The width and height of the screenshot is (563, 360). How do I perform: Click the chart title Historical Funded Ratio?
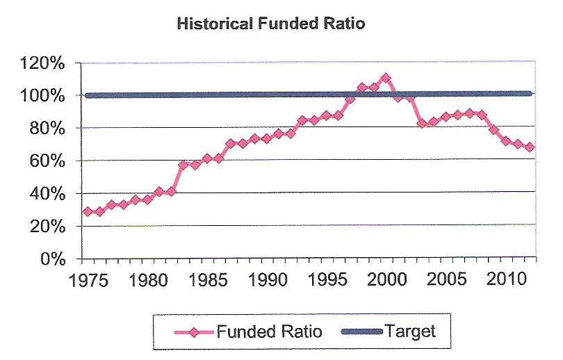click(271, 23)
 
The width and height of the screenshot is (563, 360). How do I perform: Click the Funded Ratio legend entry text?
click(270, 332)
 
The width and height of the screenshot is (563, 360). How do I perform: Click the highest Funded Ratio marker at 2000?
click(386, 78)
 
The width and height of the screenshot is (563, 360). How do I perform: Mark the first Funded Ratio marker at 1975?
click(88, 211)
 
